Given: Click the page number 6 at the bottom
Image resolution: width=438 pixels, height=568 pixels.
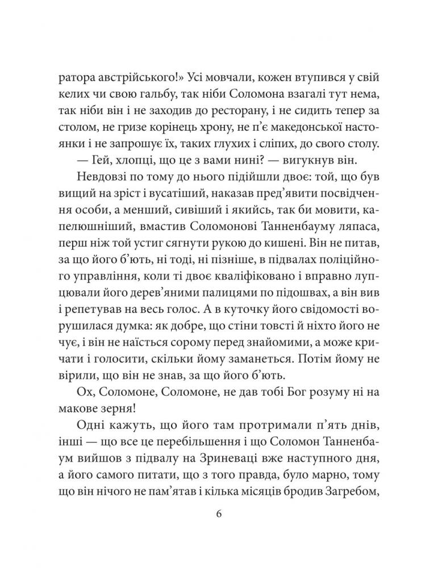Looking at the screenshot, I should pos(219,515).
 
